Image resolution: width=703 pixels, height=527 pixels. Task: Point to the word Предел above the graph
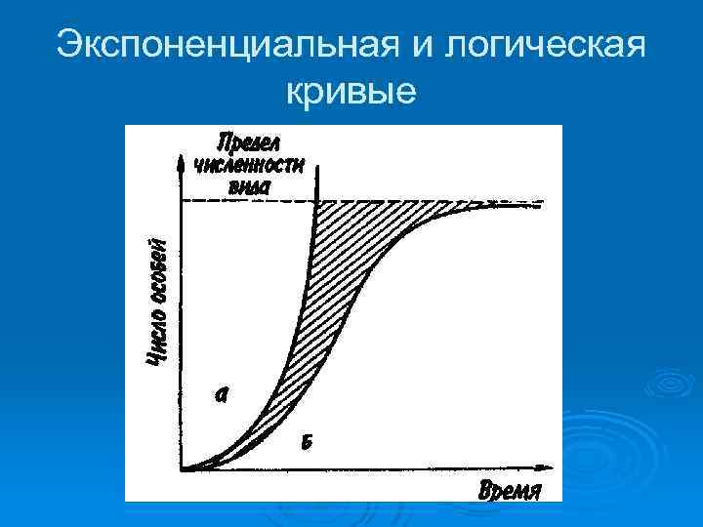click(248, 142)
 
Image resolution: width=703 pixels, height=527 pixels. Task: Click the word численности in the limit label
click(248, 163)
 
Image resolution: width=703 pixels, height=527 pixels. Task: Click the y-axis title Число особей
click(157, 303)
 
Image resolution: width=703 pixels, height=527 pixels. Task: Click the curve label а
click(223, 393)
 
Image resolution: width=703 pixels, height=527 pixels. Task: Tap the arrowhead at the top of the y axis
click(182, 161)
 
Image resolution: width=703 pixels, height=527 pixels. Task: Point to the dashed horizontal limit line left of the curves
click(244, 202)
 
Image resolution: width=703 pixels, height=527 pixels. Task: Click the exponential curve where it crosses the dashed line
click(316, 202)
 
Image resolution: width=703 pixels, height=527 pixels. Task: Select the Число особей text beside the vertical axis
click(157, 303)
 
